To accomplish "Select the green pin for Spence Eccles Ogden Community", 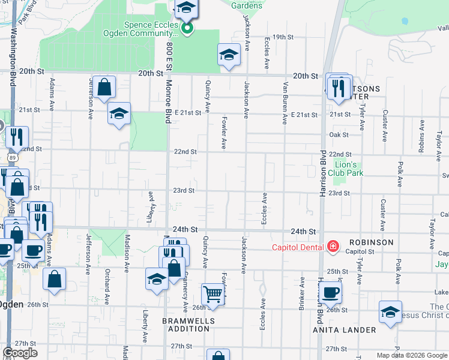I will (x=187, y=28).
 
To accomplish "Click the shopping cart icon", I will (x=212, y=294).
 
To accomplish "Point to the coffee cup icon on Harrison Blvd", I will (x=330, y=293).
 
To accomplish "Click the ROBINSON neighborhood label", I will (x=369, y=242).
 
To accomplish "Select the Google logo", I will (x=20, y=353).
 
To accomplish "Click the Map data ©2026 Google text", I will (x=411, y=355).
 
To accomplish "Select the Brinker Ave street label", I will (x=301, y=293).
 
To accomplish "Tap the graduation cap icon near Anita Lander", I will (x=390, y=312).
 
